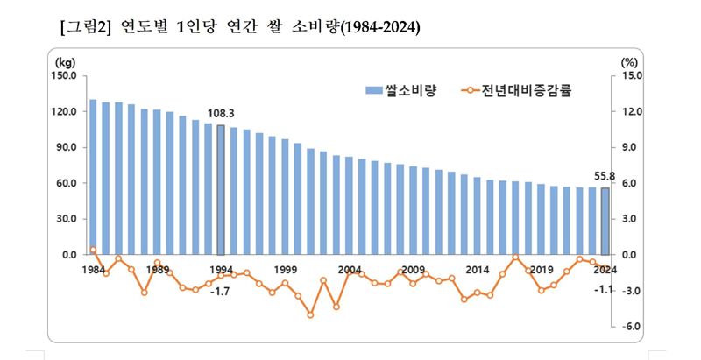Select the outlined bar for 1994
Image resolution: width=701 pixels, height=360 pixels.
221,190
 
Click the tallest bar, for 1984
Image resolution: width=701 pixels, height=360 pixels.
93,177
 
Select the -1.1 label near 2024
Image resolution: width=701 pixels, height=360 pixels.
603,290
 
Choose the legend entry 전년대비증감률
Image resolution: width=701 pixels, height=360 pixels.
526,89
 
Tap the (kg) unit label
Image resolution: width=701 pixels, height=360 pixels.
65,62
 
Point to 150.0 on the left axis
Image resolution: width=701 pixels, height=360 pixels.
66,76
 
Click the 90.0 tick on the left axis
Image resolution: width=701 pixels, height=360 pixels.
68,148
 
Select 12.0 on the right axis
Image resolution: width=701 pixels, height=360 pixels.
632,112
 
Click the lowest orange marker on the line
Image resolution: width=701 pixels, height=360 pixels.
310,314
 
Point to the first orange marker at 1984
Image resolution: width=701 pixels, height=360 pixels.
93,251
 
